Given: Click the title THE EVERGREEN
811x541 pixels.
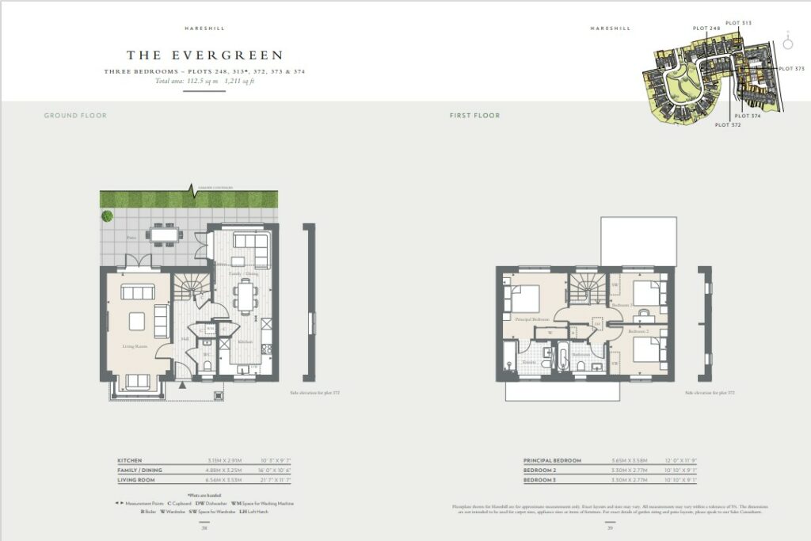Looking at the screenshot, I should click(x=204, y=55).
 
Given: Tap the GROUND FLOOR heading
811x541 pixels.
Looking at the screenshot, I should click(x=75, y=116).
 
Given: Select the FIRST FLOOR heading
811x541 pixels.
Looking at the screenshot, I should click(x=474, y=116).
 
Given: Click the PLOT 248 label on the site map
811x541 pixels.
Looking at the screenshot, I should click(x=706, y=29).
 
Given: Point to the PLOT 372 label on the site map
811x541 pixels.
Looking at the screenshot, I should click(x=729, y=125).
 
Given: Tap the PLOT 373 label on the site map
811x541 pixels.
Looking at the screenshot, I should click(x=791, y=69).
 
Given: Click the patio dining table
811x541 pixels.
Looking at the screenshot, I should click(x=166, y=234).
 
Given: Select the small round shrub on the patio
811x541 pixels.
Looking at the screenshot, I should click(x=107, y=216).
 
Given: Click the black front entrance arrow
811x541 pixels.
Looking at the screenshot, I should click(x=184, y=385).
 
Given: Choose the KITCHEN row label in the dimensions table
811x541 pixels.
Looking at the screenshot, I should click(x=131, y=460).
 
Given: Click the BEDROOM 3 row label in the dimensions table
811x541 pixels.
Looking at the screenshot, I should click(x=540, y=479).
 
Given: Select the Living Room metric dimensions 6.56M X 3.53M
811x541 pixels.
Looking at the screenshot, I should click(x=223, y=479).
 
